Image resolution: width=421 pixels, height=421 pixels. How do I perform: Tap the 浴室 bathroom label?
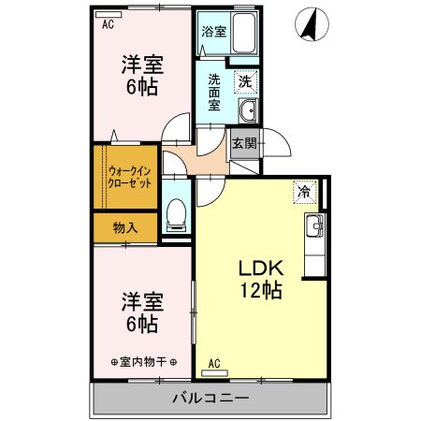(x=213, y=31)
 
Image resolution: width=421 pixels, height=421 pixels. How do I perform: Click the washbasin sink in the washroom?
(x=248, y=113)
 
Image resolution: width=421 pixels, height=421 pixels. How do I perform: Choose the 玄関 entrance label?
(x=244, y=143)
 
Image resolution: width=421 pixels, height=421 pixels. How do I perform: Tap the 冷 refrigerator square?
(x=304, y=190)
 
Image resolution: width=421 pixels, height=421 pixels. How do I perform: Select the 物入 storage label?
(x=125, y=227)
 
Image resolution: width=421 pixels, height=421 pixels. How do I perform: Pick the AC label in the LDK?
(x=213, y=363)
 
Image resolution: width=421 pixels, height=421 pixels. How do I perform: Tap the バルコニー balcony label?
(x=210, y=399)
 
